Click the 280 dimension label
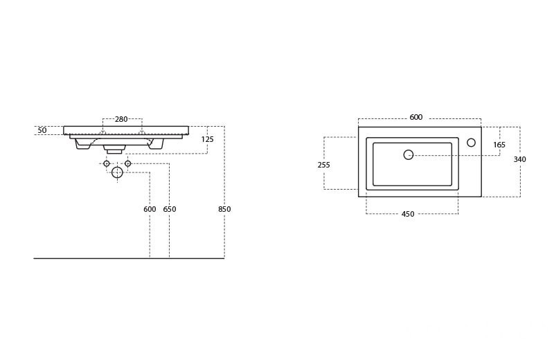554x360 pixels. (121, 120)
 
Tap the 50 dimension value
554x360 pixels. (42, 130)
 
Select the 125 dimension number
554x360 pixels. (208, 140)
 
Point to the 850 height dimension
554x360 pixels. (224, 209)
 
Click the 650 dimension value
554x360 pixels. (170, 209)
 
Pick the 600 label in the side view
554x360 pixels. (150, 209)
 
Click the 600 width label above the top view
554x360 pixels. (415, 118)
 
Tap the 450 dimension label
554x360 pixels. (408, 215)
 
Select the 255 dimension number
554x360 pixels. (324, 165)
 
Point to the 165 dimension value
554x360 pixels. (499, 145)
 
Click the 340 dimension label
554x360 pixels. (519, 160)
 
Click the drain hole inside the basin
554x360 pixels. (409, 155)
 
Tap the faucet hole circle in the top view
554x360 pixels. (471, 143)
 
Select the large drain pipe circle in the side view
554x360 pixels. (117, 172)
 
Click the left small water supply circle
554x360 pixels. (107, 163)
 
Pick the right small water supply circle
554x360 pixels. (127, 163)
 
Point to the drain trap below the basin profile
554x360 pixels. (114, 149)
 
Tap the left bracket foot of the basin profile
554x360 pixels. (82, 144)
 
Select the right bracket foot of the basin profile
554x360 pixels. (157, 144)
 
